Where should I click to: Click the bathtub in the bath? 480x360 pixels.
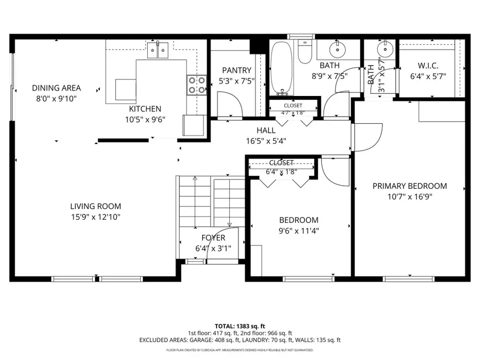click(x=281, y=69)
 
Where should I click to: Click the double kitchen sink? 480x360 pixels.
click(x=158, y=50)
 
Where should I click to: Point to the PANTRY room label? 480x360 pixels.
click(x=236, y=70)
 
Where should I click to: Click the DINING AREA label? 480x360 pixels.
click(x=56, y=88)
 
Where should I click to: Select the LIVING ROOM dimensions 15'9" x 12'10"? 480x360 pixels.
click(x=95, y=217)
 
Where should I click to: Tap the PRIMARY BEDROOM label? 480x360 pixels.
click(x=410, y=186)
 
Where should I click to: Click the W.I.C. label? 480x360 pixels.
click(x=428, y=66)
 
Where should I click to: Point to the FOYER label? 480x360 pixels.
click(x=213, y=238)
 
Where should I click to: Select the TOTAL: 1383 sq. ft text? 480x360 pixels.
click(x=239, y=325)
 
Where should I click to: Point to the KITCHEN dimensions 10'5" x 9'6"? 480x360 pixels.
click(x=146, y=119)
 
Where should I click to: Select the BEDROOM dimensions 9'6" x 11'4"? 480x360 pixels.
click(x=299, y=231)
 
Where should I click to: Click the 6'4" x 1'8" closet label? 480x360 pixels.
click(x=281, y=172)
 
